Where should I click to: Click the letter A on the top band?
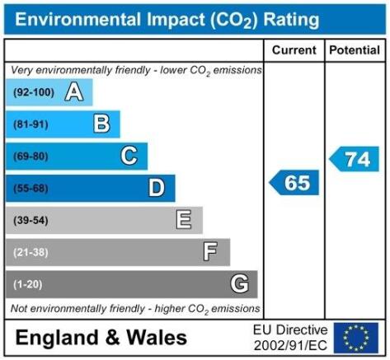(74, 92)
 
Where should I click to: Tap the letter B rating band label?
(101, 124)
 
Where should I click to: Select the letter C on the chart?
(129, 156)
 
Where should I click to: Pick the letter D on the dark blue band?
(157, 188)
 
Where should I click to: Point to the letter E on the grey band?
(184, 220)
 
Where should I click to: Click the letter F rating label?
(210, 251)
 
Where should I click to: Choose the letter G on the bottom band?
(240, 283)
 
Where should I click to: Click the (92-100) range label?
(34, 92)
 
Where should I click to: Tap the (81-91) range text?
(31, 124)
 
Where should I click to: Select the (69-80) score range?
(31, 157)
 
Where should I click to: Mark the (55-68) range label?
(31, 189)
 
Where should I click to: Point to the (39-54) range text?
(31, 220)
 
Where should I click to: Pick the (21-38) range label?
(31, 252)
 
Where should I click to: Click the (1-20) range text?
(28, 284)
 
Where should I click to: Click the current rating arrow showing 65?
(294, 183)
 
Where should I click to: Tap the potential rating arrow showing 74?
(354, 159)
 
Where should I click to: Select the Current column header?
(294, 50)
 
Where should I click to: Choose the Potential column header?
(355, 50)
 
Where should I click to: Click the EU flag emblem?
(356, 338)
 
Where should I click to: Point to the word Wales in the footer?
(157, 337)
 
